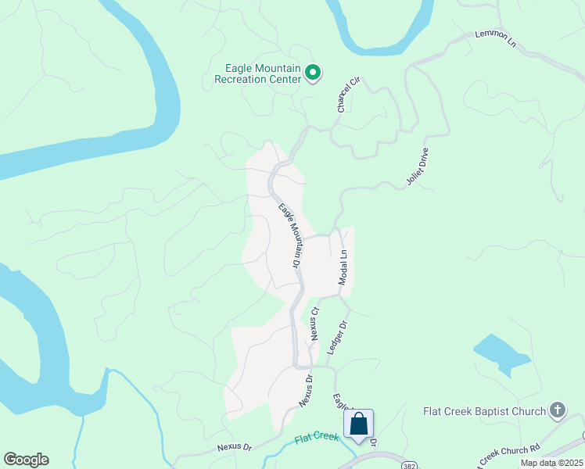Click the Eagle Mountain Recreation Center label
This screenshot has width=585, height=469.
(x=257, y=73)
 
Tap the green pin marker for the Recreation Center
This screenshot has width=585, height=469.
(x=313, y=73)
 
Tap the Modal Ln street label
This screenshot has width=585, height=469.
(x=343, y=267)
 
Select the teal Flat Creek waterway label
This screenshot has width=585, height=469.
(x=317, y=437)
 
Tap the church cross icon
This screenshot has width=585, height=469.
(x=557, y=410)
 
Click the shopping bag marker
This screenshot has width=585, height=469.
(x=358, y=424)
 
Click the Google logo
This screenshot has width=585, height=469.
(x=26, y=460)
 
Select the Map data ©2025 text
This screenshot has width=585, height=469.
(x=551, y=463)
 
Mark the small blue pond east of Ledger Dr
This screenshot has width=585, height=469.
(x=501, y=353)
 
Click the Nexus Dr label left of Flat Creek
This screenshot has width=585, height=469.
(x=235, y=448)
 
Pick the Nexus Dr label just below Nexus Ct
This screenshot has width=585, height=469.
(x=305, y=390)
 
